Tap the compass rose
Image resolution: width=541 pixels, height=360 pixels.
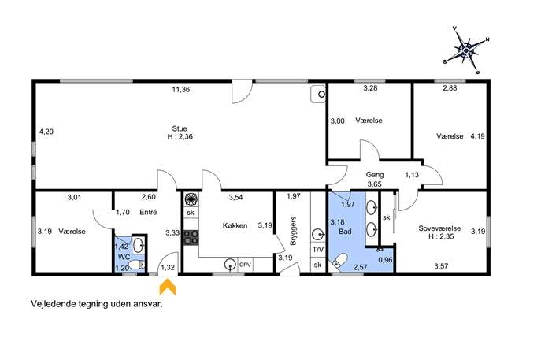click(x=466, y=50)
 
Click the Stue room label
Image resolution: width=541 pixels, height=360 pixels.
click(x=180, y=128)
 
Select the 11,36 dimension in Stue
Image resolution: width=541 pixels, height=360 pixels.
click(x=181, y=90)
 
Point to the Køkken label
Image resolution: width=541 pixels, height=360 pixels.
click(x=235, y=226)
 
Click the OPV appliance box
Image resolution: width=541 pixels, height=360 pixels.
click(x=246, y=265)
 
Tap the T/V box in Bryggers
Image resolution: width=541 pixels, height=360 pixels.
click(x=318, y=249)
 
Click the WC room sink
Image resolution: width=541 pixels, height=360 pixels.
click(x=139, y=245)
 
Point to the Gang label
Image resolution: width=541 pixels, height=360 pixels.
click(x=375, y=175)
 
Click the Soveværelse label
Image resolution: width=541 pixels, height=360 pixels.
click(x=439, y=228)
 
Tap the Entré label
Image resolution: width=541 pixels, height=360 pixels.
click(x=148, y=212)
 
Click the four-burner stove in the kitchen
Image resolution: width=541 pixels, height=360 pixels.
click(x=191, y=238)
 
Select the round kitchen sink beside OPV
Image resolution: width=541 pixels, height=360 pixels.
click(x=230, y=265)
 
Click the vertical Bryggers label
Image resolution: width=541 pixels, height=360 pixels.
click(x=293, y=231)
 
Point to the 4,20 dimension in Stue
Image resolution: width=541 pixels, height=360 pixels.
click(x=46, y=132)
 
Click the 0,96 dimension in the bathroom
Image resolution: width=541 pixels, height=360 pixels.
click(x=385, y=260)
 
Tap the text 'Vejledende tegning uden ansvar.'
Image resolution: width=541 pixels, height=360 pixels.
click(x=97, y=304)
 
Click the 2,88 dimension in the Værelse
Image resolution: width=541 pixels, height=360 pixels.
click(x=450, y=88)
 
